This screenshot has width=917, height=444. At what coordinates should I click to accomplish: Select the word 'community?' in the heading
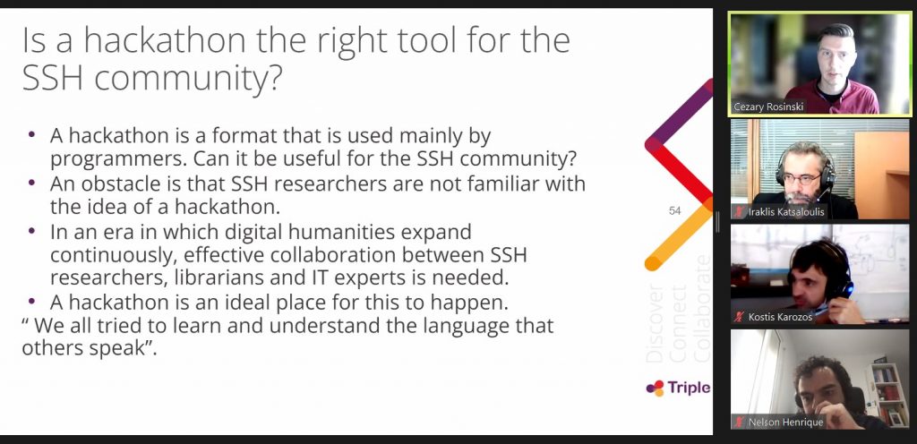188,78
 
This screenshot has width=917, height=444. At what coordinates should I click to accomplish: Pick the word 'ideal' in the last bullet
277,302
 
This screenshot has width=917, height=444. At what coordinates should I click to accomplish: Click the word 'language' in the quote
465,325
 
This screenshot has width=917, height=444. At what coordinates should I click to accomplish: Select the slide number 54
675,211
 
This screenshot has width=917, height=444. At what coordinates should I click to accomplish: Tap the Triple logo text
689,388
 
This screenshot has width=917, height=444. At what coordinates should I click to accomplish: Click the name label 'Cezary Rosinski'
768,107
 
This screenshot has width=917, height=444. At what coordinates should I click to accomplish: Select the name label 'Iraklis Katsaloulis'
786,212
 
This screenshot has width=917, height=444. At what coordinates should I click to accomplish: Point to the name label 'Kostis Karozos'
781,317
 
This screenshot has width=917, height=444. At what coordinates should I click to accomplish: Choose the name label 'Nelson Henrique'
786,422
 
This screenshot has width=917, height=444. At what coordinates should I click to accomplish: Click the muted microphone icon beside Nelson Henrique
740,422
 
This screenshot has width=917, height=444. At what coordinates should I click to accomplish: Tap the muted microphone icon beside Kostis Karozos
740,317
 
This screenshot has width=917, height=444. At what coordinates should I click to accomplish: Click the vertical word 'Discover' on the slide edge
655,324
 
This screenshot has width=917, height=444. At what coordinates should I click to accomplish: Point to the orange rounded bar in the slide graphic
679,235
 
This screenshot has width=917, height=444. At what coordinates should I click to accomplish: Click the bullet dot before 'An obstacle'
32,183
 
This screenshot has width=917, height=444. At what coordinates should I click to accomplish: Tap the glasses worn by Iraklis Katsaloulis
800,178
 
